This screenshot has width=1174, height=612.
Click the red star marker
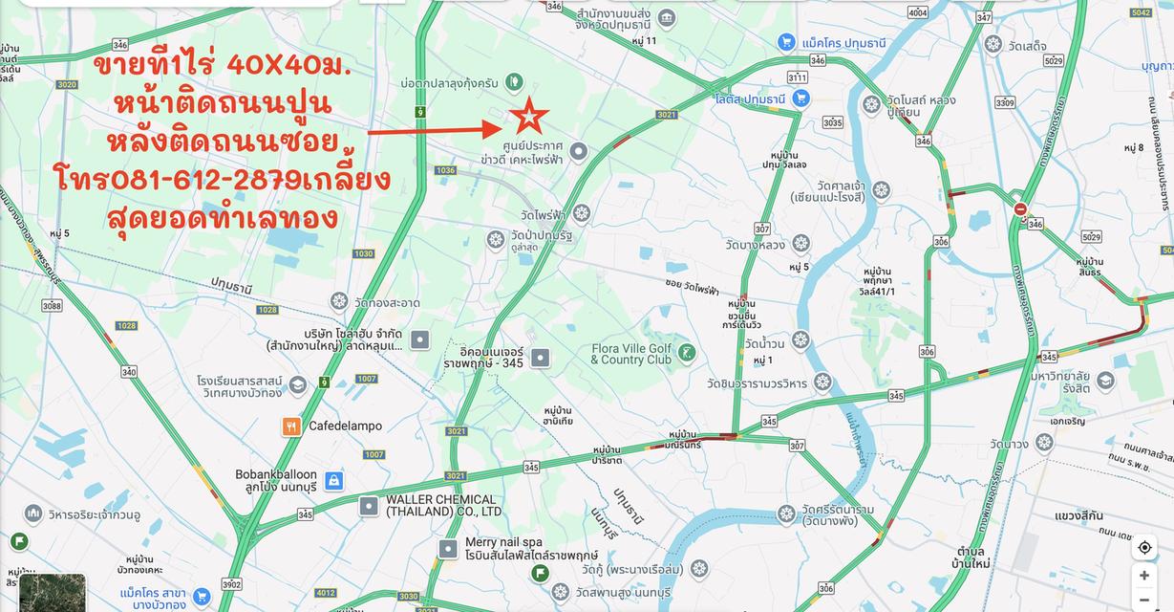(528, 117)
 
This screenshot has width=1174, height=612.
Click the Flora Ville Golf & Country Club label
(630, 354)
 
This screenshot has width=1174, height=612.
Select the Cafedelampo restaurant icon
(291, 426)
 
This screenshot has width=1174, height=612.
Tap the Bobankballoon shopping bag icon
(333, 481)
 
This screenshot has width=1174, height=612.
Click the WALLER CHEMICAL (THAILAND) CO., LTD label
(440, 505)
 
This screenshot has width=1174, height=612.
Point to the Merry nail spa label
(503, 542)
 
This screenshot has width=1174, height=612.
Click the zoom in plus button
(1144, 576)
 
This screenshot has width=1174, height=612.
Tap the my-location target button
(1144, 548)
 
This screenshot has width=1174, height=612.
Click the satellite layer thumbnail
(52, 593)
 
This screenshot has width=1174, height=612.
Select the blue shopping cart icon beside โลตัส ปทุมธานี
(800, 98)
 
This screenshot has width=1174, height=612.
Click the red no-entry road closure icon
(1020, 209)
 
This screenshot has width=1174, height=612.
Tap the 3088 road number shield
(52, 306)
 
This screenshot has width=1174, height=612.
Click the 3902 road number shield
(230, 584)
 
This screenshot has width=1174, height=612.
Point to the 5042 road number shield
(1141, 12)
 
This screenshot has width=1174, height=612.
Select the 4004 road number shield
(917, 12)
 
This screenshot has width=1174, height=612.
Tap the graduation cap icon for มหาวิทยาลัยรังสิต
(1105, 381)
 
